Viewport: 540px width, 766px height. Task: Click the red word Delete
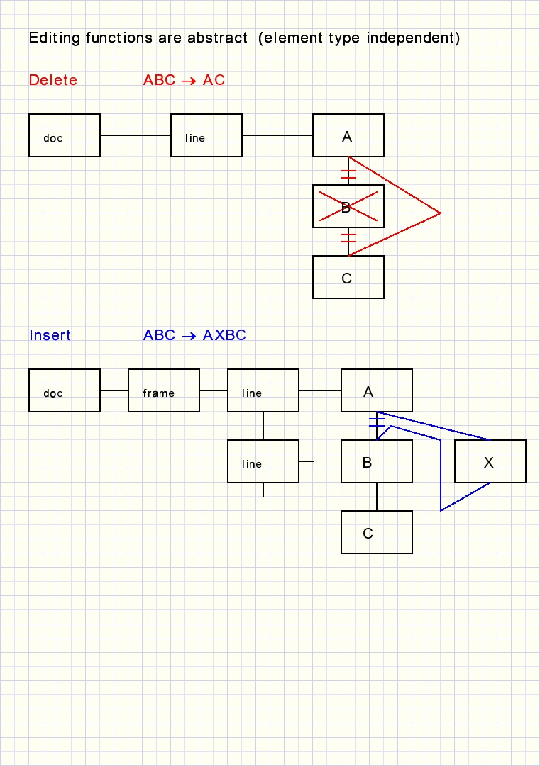(x=53, y=81)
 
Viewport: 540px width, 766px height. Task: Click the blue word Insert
(x=50, y=336)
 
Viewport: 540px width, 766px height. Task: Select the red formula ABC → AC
(x=184, y=81)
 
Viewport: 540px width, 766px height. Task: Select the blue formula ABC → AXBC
(x=194, y=336)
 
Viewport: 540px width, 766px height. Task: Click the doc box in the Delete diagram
(x=65, y=135)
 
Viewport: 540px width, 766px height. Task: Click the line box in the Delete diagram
(x=206, y=135)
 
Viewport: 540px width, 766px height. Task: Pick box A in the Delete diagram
(x=348, y=135)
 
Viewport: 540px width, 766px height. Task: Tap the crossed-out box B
(x=348, y=206)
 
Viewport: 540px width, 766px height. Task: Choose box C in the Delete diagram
(x=348, y=277)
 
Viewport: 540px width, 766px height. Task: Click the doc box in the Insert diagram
(x=65, y=390)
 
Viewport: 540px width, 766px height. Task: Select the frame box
(x=164, y=390)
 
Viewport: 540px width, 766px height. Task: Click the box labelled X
(x=490, y=461)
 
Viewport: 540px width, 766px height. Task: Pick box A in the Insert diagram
(x=377, y=390)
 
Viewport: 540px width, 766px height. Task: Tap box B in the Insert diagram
(x=377, y=461)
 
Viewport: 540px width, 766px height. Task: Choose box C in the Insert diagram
(x=377, y=532)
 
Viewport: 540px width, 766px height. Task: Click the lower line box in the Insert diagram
(x=263, y=461)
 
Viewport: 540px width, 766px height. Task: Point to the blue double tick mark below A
(x=377, y=423)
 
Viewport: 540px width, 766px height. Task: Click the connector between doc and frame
(x=114, y=390)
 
